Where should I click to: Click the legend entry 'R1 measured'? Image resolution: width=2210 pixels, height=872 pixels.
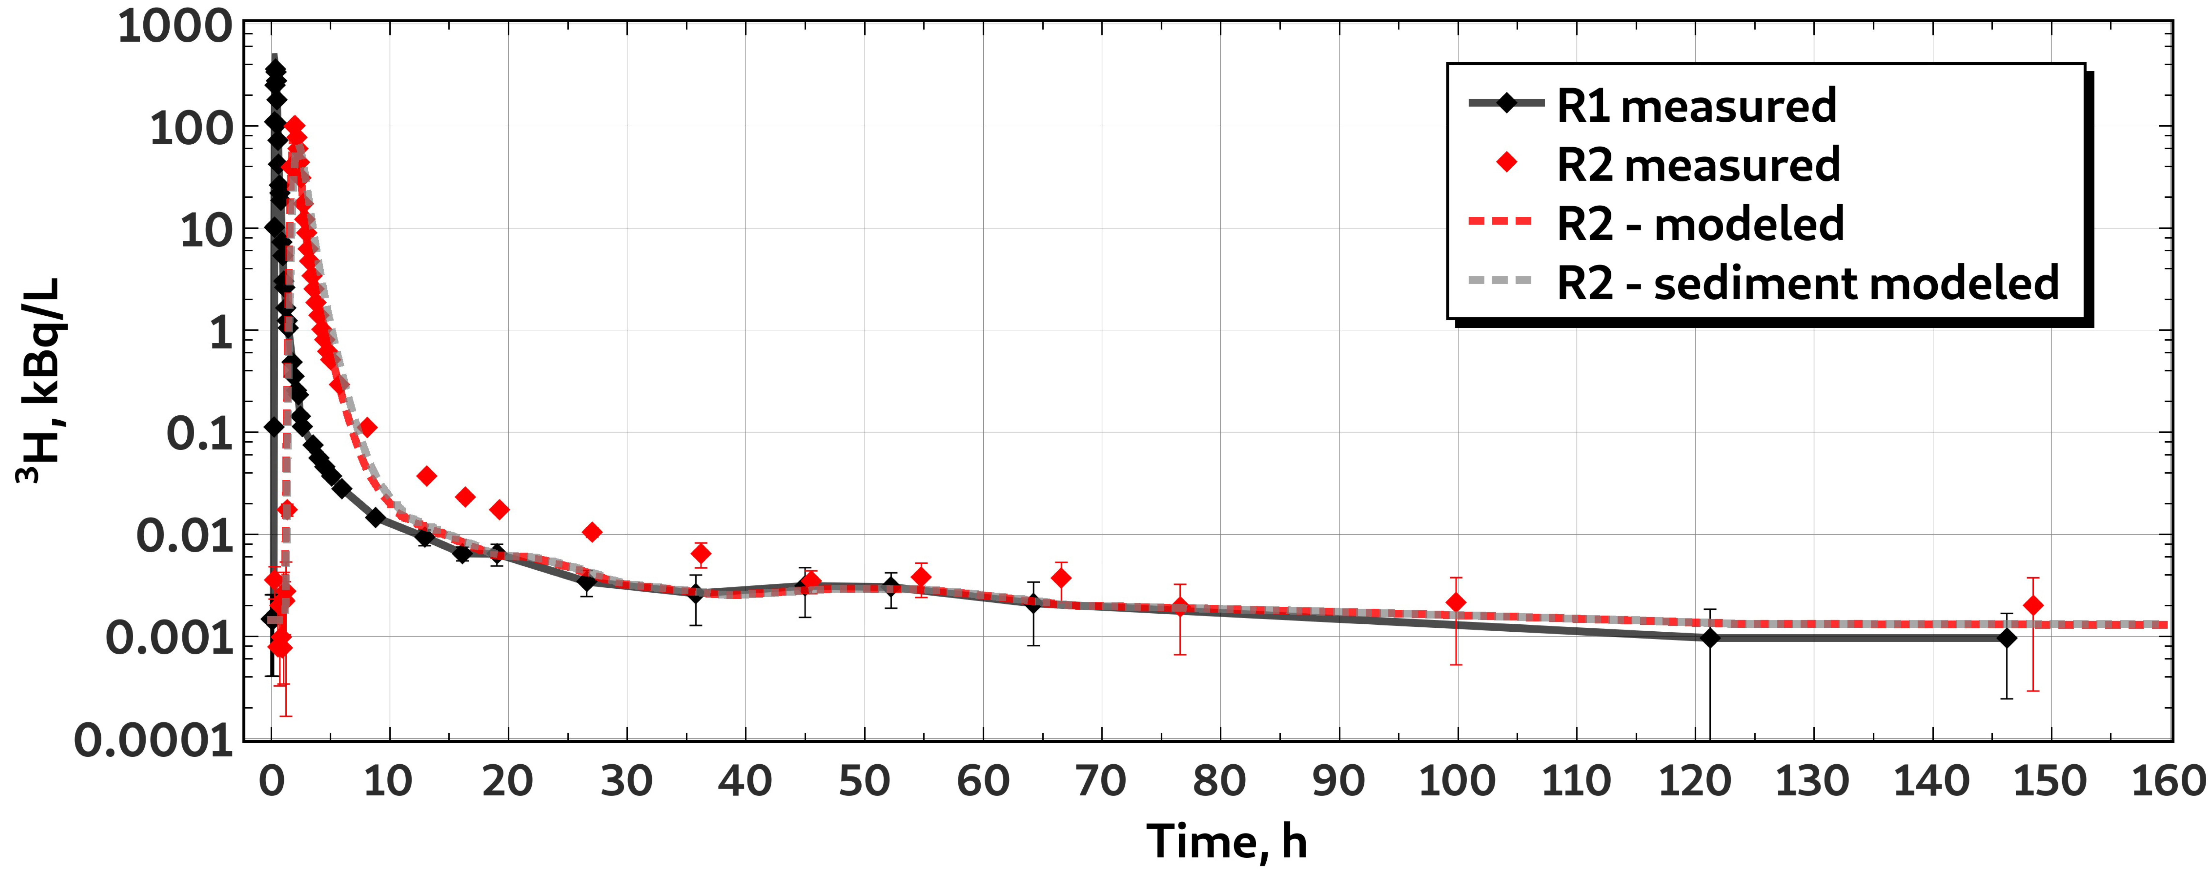click(x=1696, y=106)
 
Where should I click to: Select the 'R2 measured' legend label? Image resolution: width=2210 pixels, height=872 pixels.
click(x=1698, y=165)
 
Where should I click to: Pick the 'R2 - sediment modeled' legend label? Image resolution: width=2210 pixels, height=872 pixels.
click(x=1808, y=283)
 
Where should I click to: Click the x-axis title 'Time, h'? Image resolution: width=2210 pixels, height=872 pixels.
click(x=1227, y=841)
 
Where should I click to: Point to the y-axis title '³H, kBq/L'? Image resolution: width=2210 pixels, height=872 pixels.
click(x=39, y=380)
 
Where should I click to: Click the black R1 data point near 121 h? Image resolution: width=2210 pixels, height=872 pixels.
click(x=1710, y=638)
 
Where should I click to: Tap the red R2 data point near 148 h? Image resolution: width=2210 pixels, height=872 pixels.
click(x=2032, y=605)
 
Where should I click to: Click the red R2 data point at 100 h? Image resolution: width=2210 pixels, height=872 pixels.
click(x=1456, y=602)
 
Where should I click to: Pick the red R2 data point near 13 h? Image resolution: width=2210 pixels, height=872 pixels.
click(x=426, y=475)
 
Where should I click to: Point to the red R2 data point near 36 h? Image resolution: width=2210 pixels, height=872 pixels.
click(x=701, y=554)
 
